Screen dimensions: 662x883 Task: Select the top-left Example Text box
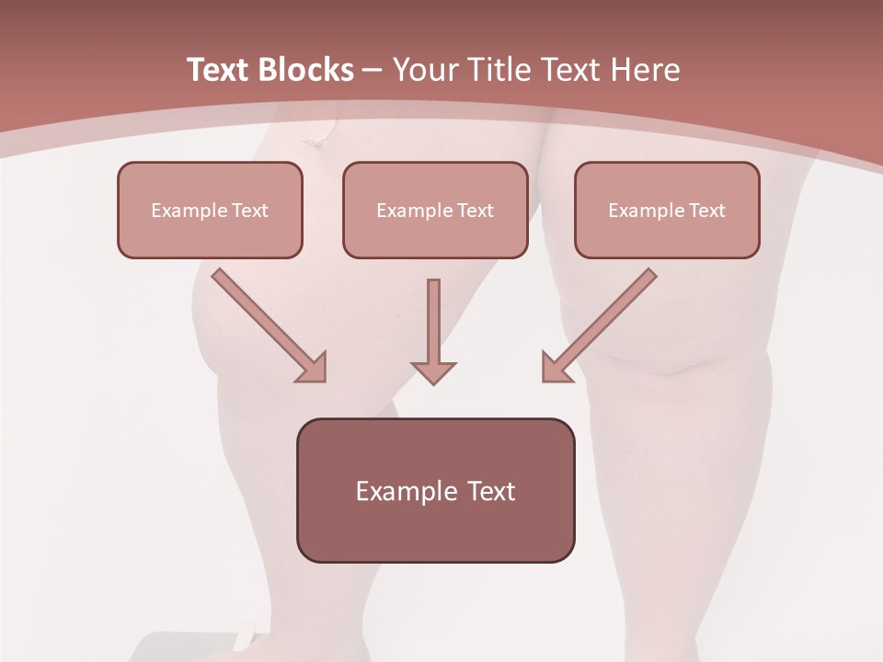(x=210, y=210)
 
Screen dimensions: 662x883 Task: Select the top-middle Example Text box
(x=435, y=210)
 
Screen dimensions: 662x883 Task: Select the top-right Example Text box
(x=667, y=210)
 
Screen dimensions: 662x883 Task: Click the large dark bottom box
(x=435, y=490)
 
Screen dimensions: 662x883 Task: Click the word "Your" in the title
(x=427, y=70)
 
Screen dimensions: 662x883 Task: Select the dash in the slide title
(x=373, y=70)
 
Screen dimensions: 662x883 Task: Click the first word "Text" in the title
(x=218, y=70)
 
